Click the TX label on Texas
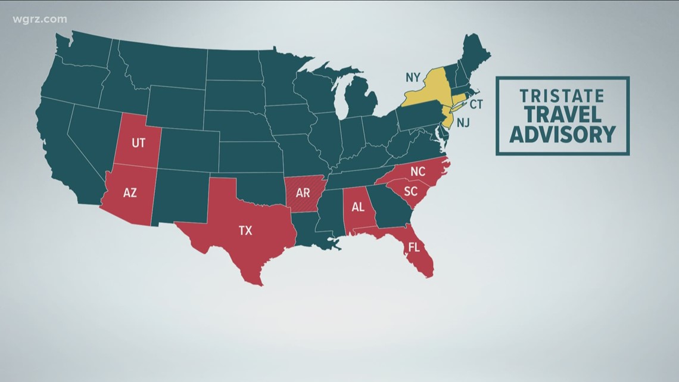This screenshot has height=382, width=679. pyautogui.click(x=245, y=230)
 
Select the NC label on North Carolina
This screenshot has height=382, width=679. pyautogui.click(x=419, y=172)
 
